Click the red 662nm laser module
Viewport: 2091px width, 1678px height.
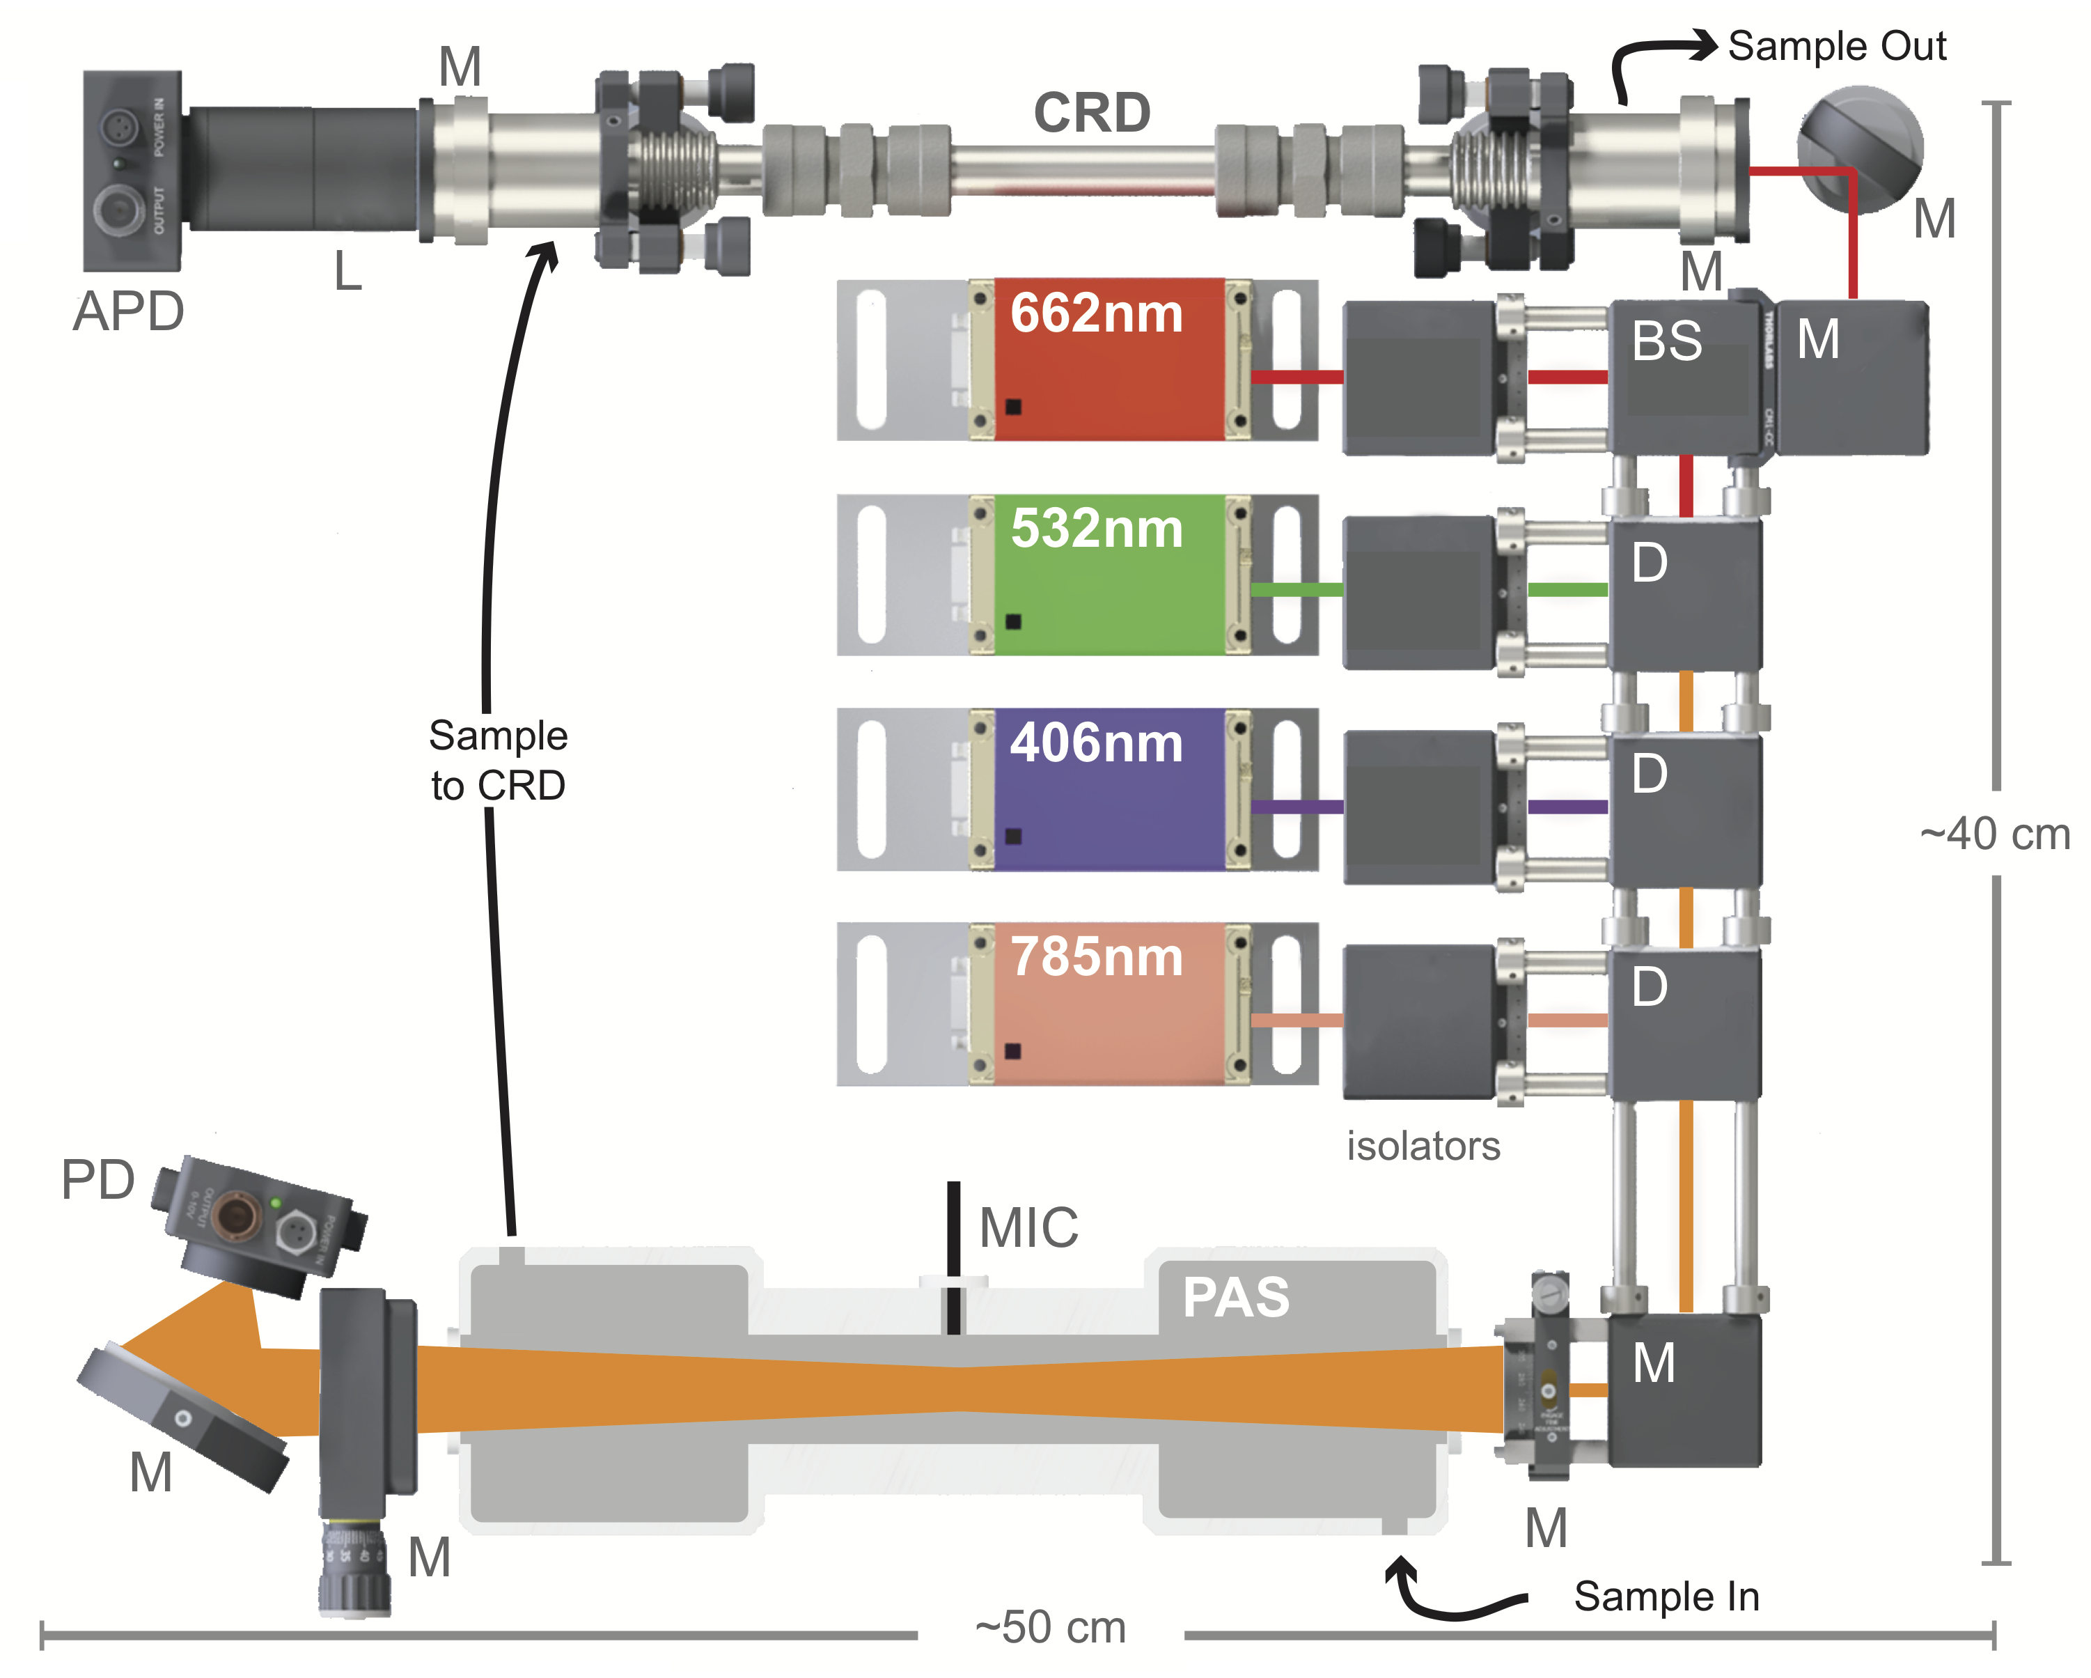1108,359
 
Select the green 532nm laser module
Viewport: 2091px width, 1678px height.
1108,574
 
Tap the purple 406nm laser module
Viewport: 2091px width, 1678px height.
1108,788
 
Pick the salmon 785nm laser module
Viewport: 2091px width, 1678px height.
1108,1003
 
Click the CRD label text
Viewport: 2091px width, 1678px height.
1091,113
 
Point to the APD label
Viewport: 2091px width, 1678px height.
128,311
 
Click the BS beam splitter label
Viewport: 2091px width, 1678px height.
1666,341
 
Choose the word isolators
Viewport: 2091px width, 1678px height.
1423,1147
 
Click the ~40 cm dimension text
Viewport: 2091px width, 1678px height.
1994,834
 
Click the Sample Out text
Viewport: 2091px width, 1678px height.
1837,45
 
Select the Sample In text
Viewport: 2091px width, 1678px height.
1666,1597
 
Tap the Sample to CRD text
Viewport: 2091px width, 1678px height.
498,761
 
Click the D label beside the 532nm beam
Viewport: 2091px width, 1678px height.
1649,563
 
